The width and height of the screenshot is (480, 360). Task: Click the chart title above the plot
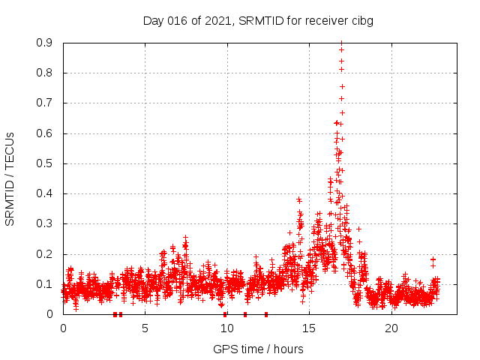point(258,20)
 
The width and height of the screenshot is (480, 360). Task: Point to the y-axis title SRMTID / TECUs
point(10,178)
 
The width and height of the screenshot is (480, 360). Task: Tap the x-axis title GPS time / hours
point(258,349)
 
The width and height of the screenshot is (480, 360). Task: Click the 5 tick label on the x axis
point(145,328)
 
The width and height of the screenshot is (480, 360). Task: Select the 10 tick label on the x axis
point(227,328)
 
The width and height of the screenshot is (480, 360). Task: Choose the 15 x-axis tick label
point(310,328)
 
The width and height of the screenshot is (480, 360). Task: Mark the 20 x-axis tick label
point(391,328)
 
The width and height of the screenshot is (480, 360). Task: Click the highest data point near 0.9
point(341,43)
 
